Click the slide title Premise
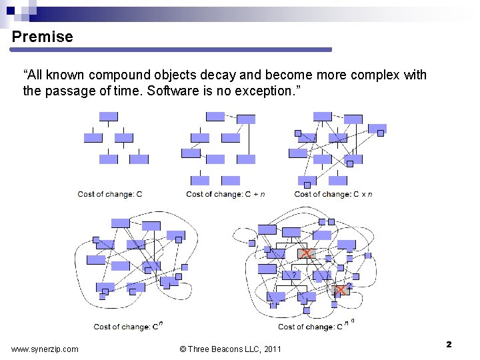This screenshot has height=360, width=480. coord(43,37)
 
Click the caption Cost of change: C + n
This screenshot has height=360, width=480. coord(225,194)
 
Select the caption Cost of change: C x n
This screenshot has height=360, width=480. coord(333,194)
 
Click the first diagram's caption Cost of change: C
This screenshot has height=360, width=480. coord(110,194)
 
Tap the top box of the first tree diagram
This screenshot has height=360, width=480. coord(109,117)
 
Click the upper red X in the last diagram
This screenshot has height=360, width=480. coord(307,253)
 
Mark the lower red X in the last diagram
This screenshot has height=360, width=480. coord(341,290)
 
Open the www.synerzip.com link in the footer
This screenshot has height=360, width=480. coord(45,349)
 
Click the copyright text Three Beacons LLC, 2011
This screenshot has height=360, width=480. coord(231,349)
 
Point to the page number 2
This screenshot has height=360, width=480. coord(449,345)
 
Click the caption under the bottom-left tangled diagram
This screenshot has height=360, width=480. coord(128,326)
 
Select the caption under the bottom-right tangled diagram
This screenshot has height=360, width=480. coord(315,326)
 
